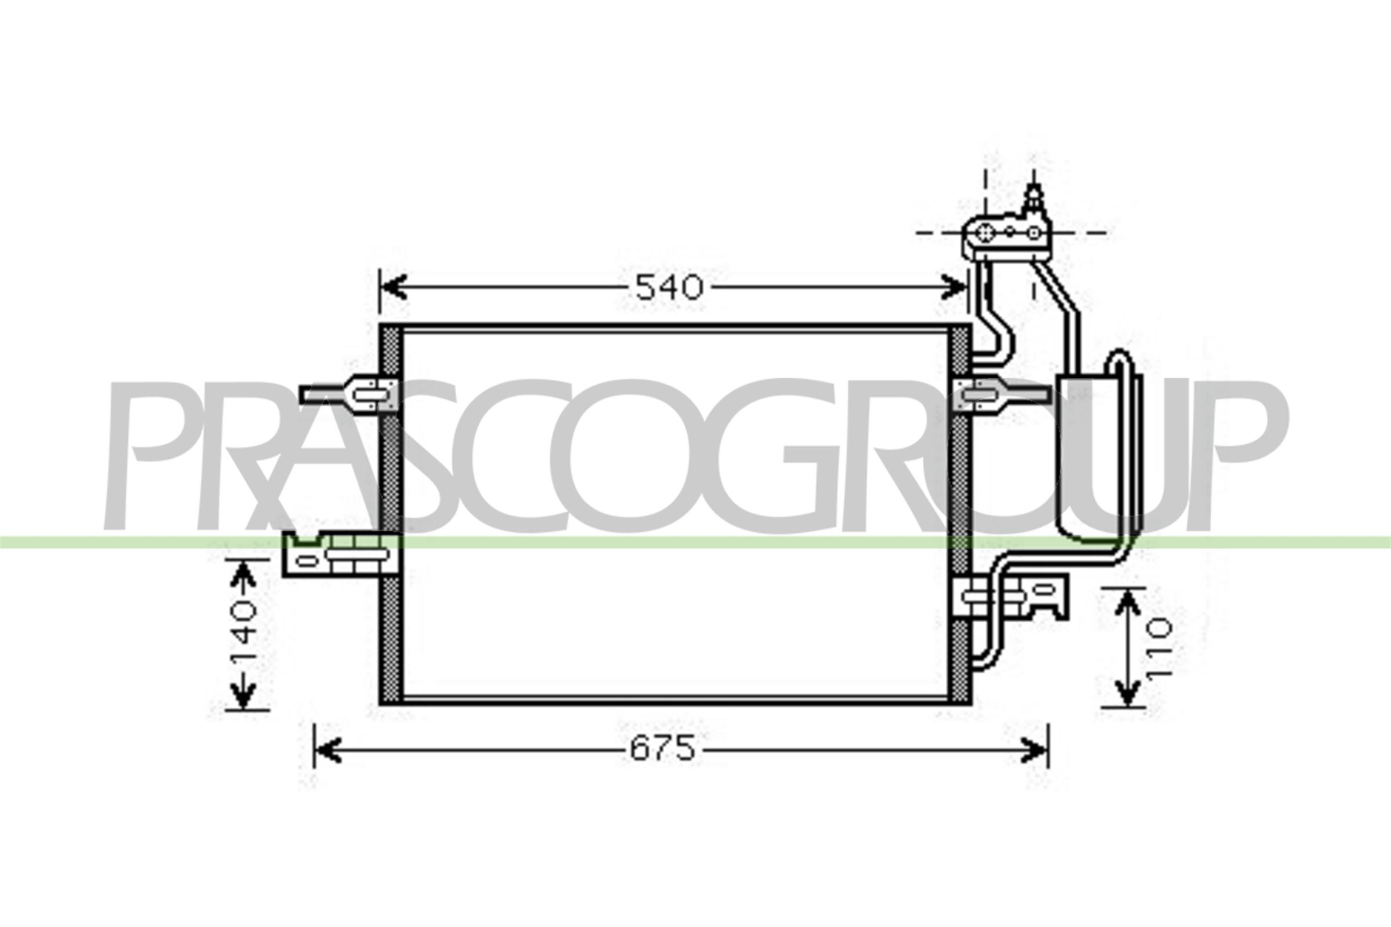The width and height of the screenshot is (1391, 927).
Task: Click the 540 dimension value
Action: [x=669, y=288]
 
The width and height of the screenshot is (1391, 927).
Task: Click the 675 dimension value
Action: [x=662, y=750]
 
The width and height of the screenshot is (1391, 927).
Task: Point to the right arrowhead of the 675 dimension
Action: [x=1035, y=750]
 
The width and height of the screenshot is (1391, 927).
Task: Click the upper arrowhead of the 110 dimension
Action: [x=1128, y=603]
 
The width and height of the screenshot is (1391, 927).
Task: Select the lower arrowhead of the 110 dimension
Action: [x=1128, y=692]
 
